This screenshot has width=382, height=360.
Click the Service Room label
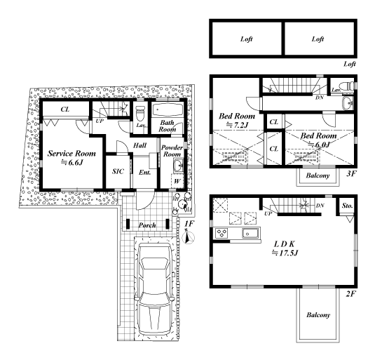[x=71, y=154]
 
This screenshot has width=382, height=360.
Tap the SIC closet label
[x=118, y=171]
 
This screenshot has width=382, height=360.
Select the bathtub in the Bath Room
[x=168, y=110]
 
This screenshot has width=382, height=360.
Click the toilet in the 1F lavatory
[x=140, y=114]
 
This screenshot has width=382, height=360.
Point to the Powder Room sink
[x=178, y=166]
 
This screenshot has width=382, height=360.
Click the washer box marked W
[x=177, y=181]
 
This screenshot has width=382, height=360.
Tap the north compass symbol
[x=189, y=237]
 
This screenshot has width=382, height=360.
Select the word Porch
[x=147, y=225]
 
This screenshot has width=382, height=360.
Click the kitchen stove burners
[x=221, y=233]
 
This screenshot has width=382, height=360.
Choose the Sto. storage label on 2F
[x=347, y=206]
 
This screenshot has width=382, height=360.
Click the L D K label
[x=285, y=244]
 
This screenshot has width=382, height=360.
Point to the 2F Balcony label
[x=318, y=315]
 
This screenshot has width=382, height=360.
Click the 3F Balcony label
[x=318, y=175]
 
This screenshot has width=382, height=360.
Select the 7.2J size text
[x=237, y=125]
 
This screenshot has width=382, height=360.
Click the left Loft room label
[x=246, y=39]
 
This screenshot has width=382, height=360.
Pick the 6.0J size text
[x=319, y=145]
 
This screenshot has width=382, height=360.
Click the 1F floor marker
[x=189, y=223]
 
